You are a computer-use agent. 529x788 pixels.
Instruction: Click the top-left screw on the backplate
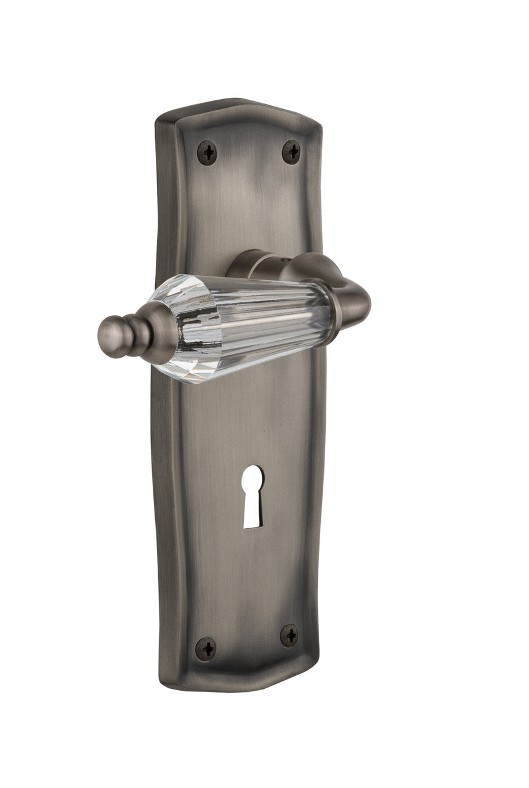click(206, 150)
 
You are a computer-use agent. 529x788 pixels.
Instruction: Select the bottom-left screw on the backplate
click(206, 648)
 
